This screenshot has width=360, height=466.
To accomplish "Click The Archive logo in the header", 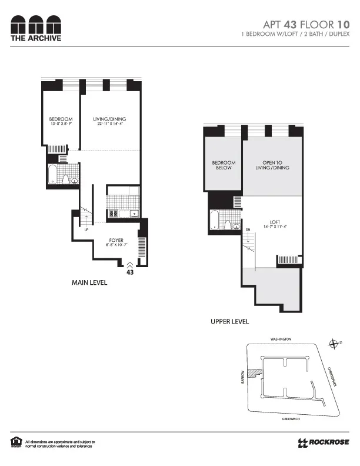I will coord(35,28).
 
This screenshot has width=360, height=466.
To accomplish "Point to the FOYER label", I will coord(115,241).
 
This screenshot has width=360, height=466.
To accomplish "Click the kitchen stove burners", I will coord(114,213).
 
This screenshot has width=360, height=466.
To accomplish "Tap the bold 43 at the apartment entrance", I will coord(131,272).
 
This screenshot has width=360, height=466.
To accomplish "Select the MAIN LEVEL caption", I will coord(89,283).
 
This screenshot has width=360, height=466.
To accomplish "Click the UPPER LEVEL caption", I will coord(230,322).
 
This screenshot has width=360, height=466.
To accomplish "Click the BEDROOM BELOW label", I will coord(224,165).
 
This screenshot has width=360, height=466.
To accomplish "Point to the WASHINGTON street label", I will coord(281,339).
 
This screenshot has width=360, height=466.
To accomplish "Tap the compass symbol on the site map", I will coord(335,344).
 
